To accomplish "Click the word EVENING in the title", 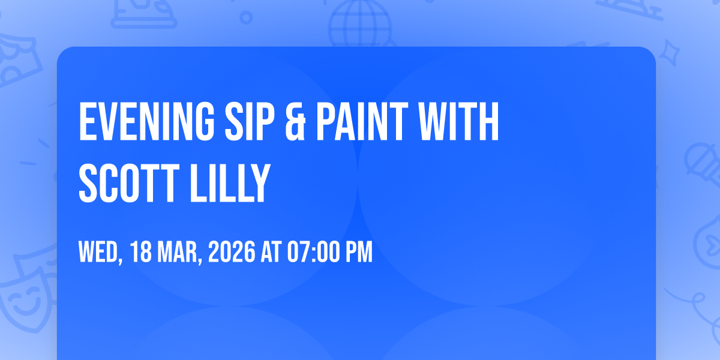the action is (x=146, y=121).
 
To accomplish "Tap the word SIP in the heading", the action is (x=250, y=121).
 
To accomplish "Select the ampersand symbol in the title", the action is (x=295, y=121).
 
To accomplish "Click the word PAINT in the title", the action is (x=362, y=121).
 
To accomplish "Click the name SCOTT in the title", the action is (x=129, y=183).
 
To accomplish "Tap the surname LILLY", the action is (x=230, y=183).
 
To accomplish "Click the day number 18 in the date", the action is (x=141, y=252).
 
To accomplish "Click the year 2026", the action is (x=232, y=252).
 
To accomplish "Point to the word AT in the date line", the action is (x=271, y=252).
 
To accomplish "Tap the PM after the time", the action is (x=359, y=252).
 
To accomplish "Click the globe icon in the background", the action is (x=361, y=24).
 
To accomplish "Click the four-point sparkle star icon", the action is (x=669, y=53).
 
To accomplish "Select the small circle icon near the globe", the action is (x=246, y=17).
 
